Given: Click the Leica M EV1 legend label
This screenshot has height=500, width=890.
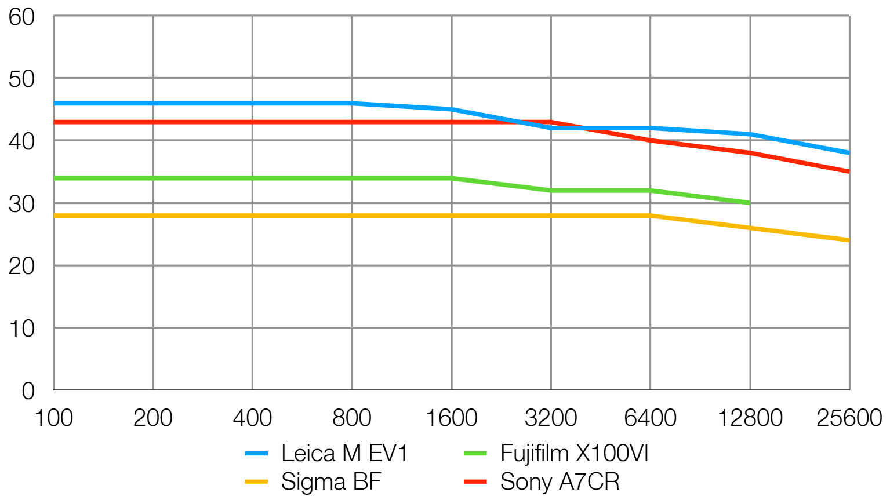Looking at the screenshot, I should (344, 454).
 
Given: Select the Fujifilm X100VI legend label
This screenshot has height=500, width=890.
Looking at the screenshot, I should (574, 454).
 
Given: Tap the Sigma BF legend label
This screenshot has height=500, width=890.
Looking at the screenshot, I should (331, 482).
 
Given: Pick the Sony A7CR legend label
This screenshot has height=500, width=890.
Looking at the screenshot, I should (560, 482).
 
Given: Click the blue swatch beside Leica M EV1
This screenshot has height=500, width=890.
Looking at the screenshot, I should (256, 454).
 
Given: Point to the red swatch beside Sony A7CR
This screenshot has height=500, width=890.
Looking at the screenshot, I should (475, 482).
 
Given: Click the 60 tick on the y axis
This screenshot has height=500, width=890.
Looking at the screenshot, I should (22, 17).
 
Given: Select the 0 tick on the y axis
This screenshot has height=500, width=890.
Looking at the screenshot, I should (28, 391).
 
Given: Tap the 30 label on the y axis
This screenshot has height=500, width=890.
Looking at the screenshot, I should (22, 204).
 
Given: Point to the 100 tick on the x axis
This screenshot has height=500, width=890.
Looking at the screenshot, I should (54, 418).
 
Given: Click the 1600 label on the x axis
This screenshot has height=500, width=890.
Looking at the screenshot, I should (452, 418).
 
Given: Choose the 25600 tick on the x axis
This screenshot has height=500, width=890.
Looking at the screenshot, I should (849, 418).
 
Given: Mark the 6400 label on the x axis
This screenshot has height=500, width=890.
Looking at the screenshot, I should (651, 418).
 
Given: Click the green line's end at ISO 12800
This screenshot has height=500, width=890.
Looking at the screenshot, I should (750, 203).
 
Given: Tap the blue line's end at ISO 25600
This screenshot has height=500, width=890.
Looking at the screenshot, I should (849, 153).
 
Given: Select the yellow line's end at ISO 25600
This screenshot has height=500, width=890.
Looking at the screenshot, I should (849, 240).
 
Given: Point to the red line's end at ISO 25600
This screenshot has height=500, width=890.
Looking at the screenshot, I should (849, 171).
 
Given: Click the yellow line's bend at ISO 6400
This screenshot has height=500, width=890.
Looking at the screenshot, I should (651, 216).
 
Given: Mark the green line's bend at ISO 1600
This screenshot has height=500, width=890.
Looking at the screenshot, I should (452, 178).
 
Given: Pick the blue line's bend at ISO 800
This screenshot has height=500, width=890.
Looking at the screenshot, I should (352, 103).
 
